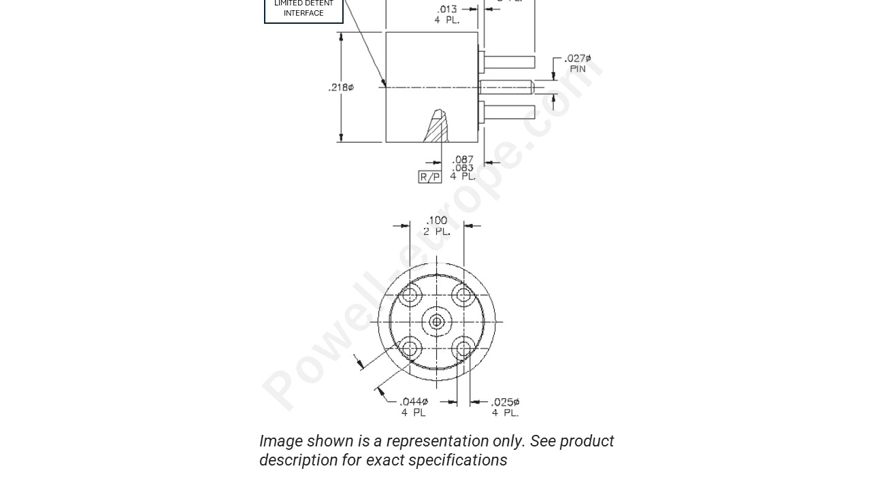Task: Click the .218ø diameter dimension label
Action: pos(341,87)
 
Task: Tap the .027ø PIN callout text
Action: pos(578,63)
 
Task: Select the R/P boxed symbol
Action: pos(429,177)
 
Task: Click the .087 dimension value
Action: pos(463,160)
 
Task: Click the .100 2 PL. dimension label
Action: pos(436,225)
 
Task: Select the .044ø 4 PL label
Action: pos(414,407)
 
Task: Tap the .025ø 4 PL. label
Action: pos(506,407)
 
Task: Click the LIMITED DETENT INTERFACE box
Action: pos(303,9)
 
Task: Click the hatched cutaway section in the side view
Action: pos(437,128)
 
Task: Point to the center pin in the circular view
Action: pos(437,321)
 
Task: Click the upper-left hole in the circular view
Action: pos(410,295)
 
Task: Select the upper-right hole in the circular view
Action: pos(464,295)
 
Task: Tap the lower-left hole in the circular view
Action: pos(410,349)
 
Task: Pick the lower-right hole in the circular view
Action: pos(464,349)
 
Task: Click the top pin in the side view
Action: pos(509,63)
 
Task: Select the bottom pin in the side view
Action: pos(509,111)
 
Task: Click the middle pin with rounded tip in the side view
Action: pos(507,87)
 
